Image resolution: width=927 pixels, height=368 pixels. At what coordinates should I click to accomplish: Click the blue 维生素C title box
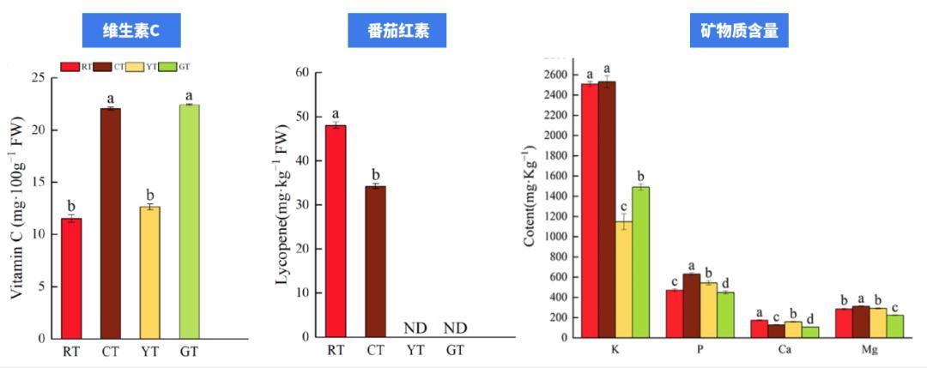[x=131, y=32]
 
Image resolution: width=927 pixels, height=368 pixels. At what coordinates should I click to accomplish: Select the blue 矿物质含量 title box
[x=739, y=32]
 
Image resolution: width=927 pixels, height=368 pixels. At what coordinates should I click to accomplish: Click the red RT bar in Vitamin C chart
[x=71, y=279]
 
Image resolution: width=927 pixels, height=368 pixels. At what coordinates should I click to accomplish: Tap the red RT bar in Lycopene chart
[x=336, y=232]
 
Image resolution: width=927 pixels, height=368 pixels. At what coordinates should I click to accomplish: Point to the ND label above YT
[x=415, y=328]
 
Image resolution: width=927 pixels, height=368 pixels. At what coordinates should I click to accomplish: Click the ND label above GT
[x=455, y=328]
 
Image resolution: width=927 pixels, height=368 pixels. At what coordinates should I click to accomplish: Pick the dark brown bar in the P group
[x=691, y=305]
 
